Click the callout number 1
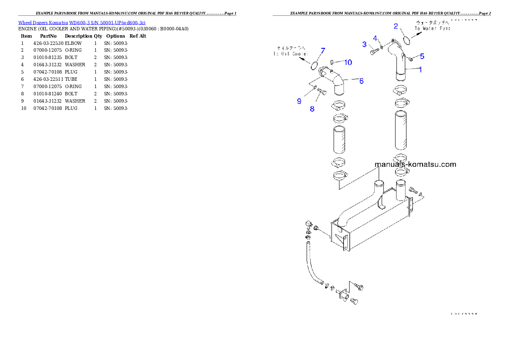pyautogui.click(x=420, y=70)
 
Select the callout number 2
pyautogui.click(x=396, y=27)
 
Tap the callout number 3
pyautogui.click(x=364, y=44)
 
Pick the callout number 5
pyautogui.click(x=422, y=56)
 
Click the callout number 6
pyautogui.click(x=361, y=81)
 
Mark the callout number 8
pyautogui.click(x=312, y=109)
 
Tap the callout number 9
pyautogui.click(x=299, y=101)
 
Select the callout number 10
pyautogui.click(x=348, y=63)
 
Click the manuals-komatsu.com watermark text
pyautogui.click(x=415, y=164)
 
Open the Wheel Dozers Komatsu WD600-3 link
pyautogui.click(x=82, y=22)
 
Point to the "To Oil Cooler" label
pyautogui.click(x=290, y=51)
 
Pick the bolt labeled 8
pyautogui.click(x=322, y=91)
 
